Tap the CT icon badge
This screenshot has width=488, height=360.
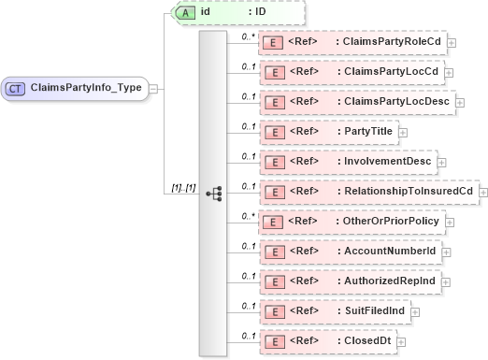(x=16, y=88)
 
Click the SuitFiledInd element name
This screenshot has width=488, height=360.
(x=370, y=310)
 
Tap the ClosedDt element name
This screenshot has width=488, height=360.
(x=364, y=339)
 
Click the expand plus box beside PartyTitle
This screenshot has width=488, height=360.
(x=404, y=132)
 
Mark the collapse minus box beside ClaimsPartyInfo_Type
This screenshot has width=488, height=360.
(x=153, y=89)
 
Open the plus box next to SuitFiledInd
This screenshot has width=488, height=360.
(x=415, y=310)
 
